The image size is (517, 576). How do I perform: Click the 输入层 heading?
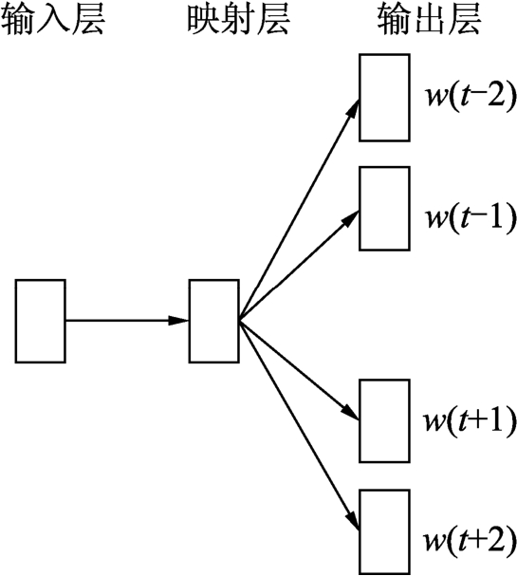pyautogui.click(x=53, y=20)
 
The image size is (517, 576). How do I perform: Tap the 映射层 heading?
pyautogui.click(x=239, y=20)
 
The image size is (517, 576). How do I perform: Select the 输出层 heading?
pyautogui.click(x=429, y=20)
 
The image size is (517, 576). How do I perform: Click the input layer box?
pyautogui.click(x=41, y=321)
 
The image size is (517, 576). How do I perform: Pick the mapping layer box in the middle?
pyautogui.click(x=214, y=321)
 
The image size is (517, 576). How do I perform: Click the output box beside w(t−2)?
pyautogui.click(x=384, y=98)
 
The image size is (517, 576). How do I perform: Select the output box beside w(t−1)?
pyautogui.click(x=384, y=209)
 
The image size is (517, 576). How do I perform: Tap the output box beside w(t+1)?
pyautogui.click(x=384, y=421)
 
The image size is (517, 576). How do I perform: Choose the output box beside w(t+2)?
pyautogui.click(x=384, y=531)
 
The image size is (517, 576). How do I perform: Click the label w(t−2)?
pyautogui.click(x=471, y=98)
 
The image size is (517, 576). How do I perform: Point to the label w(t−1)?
pyautogui.click(x=471, y=217)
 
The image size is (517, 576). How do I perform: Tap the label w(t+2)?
pyautogui.click(x=471, y=541)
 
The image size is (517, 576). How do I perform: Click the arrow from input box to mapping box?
pyautogui.click(x=127, y=321)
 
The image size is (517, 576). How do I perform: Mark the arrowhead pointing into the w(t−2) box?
pyautogui.click(x=353, y=108)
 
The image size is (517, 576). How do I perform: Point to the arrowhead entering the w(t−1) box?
pyautogui.click(x=349, y=218)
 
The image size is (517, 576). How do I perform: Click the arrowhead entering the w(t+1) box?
pyautogui.click(x=349, y=412)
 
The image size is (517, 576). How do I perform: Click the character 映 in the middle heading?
pyautogui.click(x=204, y=20)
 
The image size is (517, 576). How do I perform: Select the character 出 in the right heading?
pyautogui.click(x=429, y=20)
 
